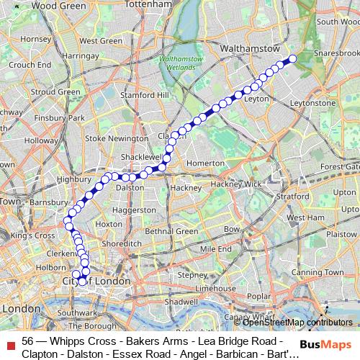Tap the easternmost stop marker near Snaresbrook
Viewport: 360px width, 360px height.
click(293, 59)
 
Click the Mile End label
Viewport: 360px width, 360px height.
click(215, 249)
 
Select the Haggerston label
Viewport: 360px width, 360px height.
click(130, 210)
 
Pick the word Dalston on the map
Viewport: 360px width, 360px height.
click(130, 187)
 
